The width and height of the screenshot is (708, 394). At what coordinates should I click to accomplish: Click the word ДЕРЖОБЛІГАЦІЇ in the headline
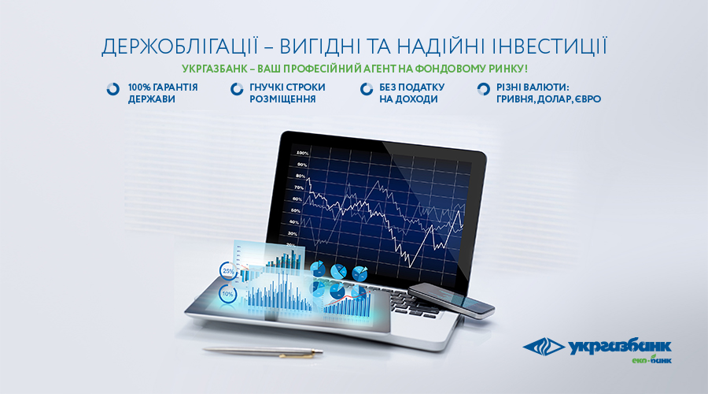click(179, 47)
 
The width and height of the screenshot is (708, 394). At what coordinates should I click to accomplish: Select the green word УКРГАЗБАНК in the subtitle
click(215, 69)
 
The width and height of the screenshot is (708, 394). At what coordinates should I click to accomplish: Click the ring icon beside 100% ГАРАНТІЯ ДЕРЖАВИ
click(112, 89)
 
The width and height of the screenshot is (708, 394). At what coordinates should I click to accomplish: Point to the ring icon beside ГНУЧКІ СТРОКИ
click(237, 89)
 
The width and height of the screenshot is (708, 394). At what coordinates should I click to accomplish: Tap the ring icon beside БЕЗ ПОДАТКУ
click(366, 89)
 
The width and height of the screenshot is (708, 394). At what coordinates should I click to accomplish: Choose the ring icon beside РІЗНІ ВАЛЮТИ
click(483, 89)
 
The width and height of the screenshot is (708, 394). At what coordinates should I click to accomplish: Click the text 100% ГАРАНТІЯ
click(163, 87)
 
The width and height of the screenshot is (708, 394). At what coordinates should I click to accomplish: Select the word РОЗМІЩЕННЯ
click(282, 99)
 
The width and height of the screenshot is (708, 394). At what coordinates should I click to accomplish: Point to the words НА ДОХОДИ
click(408, 99)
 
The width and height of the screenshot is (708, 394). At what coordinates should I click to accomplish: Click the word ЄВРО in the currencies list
click(588, 99)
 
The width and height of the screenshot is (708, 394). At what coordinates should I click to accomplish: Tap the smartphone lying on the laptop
click(451, 300)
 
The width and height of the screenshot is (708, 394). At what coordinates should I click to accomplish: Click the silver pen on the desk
click(263, 351)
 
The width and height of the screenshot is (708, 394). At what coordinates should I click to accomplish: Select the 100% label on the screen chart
click(301, 154)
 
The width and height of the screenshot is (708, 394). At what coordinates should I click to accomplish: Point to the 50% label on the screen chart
click(295, 211)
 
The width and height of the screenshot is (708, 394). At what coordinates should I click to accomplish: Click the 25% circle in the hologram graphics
click(228, 271)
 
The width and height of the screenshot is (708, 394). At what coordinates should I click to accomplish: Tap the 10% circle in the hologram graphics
click(227, 294)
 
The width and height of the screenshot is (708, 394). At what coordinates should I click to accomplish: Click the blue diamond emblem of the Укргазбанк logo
click(544, 347)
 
